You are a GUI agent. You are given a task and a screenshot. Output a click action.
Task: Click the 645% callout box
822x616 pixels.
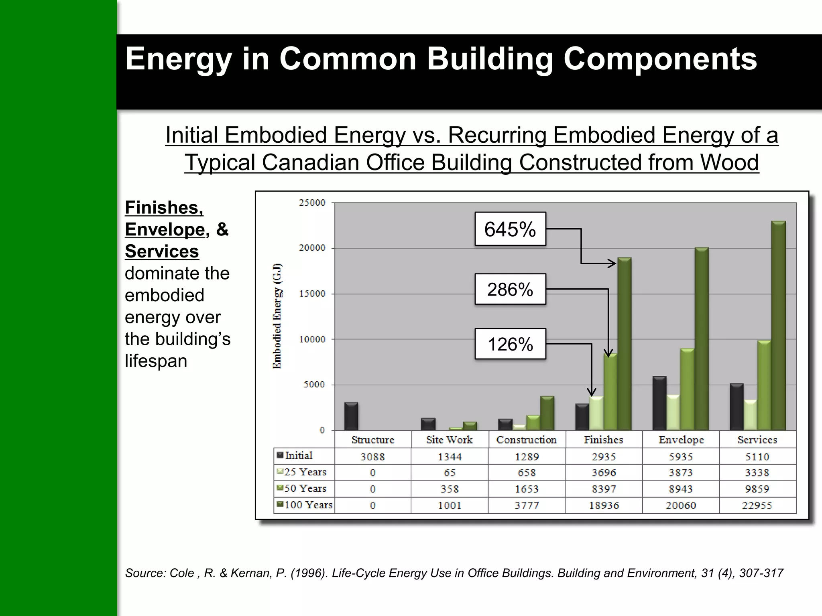pos(510,229)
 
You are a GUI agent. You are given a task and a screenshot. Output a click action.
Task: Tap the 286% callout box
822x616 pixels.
pos(510,289)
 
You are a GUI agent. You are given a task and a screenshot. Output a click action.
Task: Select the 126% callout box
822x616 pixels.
pos(510,344)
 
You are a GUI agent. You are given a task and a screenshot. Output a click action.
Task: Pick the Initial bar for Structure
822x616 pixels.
pos(351,416)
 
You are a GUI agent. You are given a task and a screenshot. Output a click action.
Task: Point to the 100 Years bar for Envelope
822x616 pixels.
pos(702,339)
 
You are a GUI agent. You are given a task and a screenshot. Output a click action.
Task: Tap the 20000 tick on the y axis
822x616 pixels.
pos(312,248)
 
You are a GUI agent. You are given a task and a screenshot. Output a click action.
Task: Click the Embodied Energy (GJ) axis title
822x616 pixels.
pos(277,316)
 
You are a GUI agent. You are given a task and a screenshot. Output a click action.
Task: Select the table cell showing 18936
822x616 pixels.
pos(604,505)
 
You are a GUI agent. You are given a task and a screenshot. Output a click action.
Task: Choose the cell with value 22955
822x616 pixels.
pos(757,505)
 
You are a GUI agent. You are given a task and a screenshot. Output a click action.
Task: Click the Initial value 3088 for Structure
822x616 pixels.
pos(372,457)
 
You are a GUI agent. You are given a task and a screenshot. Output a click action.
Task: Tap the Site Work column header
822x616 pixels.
pos(450,440)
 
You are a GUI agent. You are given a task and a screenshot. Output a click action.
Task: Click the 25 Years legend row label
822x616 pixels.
pos(305,472)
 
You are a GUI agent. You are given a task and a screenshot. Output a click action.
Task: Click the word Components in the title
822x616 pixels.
pos(660,59)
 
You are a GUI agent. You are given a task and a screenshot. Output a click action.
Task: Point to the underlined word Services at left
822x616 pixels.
pos(162,251)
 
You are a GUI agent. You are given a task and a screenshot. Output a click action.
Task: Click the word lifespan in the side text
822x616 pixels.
pos(156,361)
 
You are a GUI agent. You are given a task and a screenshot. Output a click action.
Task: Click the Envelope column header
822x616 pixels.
pos(681,440)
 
